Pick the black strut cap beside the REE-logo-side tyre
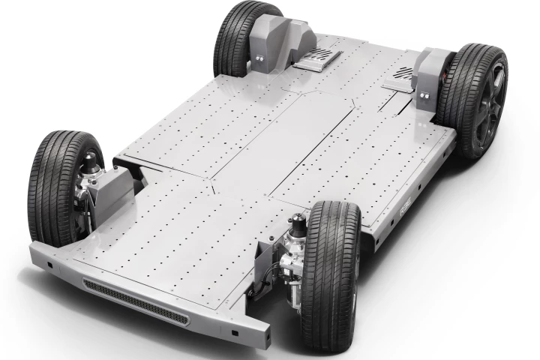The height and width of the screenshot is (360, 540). pos(298,222)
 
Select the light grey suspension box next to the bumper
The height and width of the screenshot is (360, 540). pos(112,192)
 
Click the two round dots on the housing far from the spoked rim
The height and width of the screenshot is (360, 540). pos(261,57)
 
